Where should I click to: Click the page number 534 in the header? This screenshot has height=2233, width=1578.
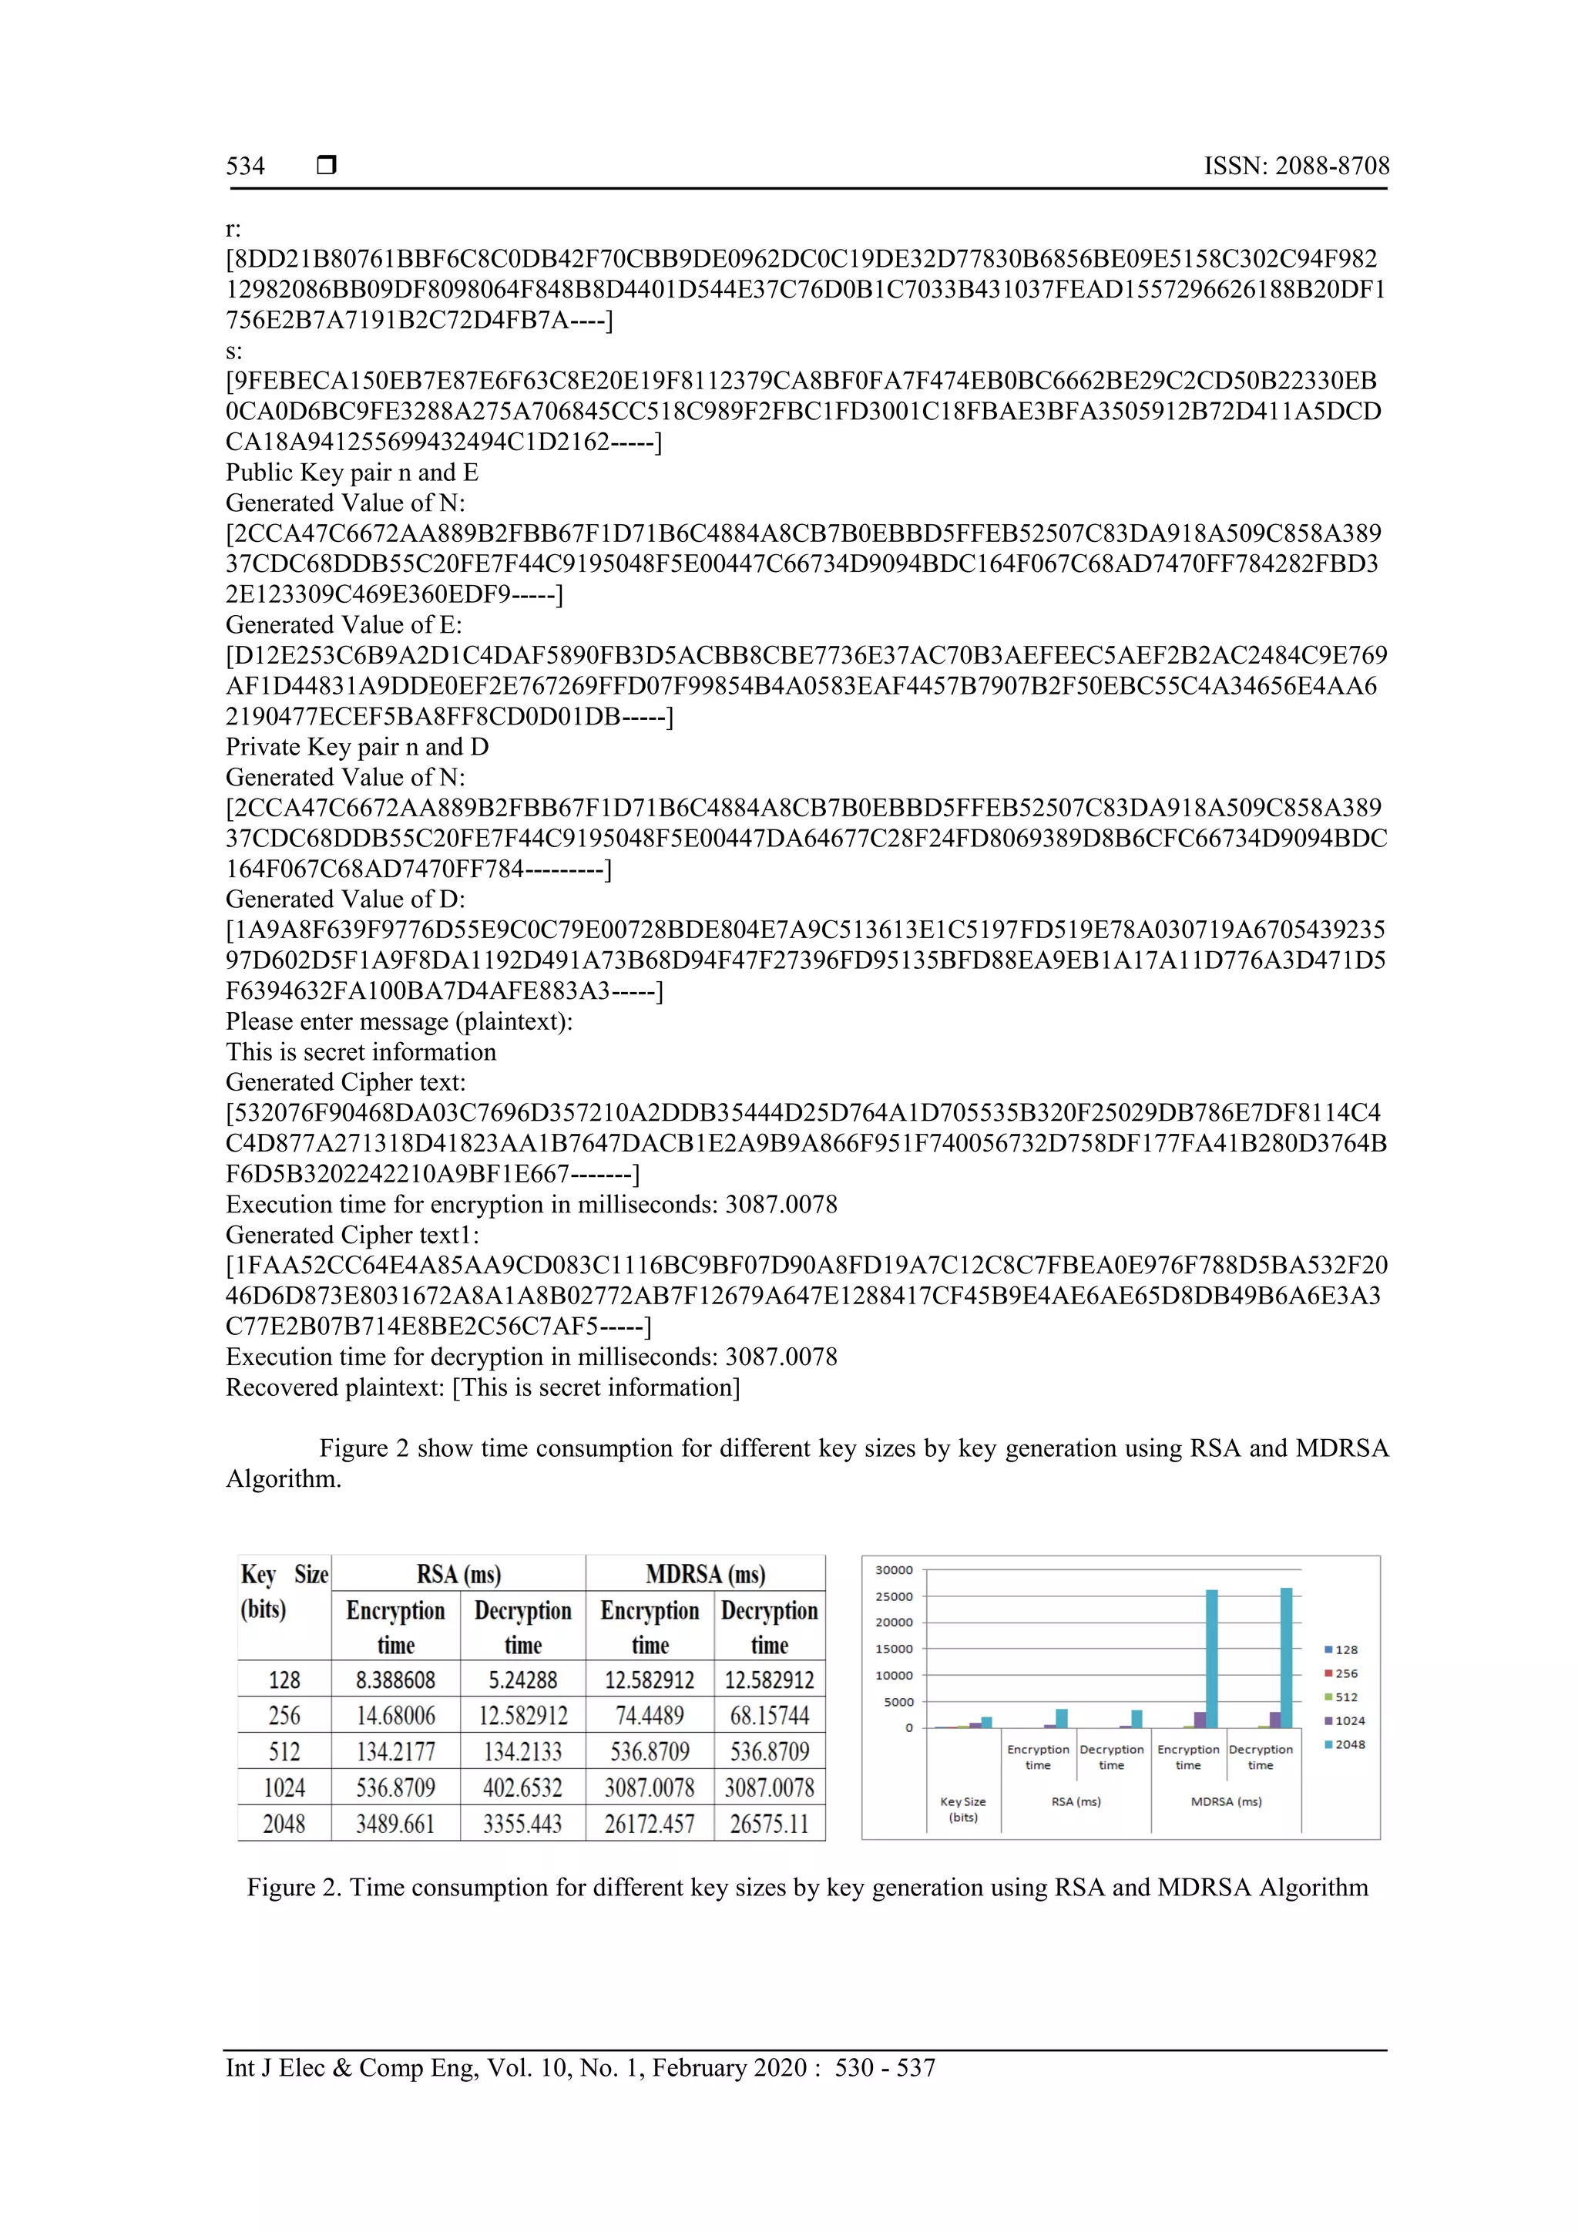tap(245, 166)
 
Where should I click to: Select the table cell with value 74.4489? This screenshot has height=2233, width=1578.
tap(650, 1716)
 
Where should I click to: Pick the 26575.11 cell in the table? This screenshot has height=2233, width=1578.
tap(769, 1824)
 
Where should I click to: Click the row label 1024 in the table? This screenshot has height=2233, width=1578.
tap(284, 1787)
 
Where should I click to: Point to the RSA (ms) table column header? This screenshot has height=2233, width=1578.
tap(458, 1575)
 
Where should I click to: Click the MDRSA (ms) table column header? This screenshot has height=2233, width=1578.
tap(705, 1575)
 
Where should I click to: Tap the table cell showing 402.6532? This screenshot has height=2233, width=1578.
tap(522, 1787)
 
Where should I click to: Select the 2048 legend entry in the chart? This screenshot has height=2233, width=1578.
tap(1349, 1745)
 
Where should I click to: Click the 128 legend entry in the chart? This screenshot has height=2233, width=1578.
tap(1345, 1650)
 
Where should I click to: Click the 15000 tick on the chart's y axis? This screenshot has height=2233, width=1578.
tap(894, 1650)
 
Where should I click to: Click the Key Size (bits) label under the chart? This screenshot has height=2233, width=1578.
tap(962, 1809)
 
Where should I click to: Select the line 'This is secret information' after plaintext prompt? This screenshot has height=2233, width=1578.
tap(361, 1052)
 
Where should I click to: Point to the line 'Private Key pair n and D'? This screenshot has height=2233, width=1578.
tap(357, 747)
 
